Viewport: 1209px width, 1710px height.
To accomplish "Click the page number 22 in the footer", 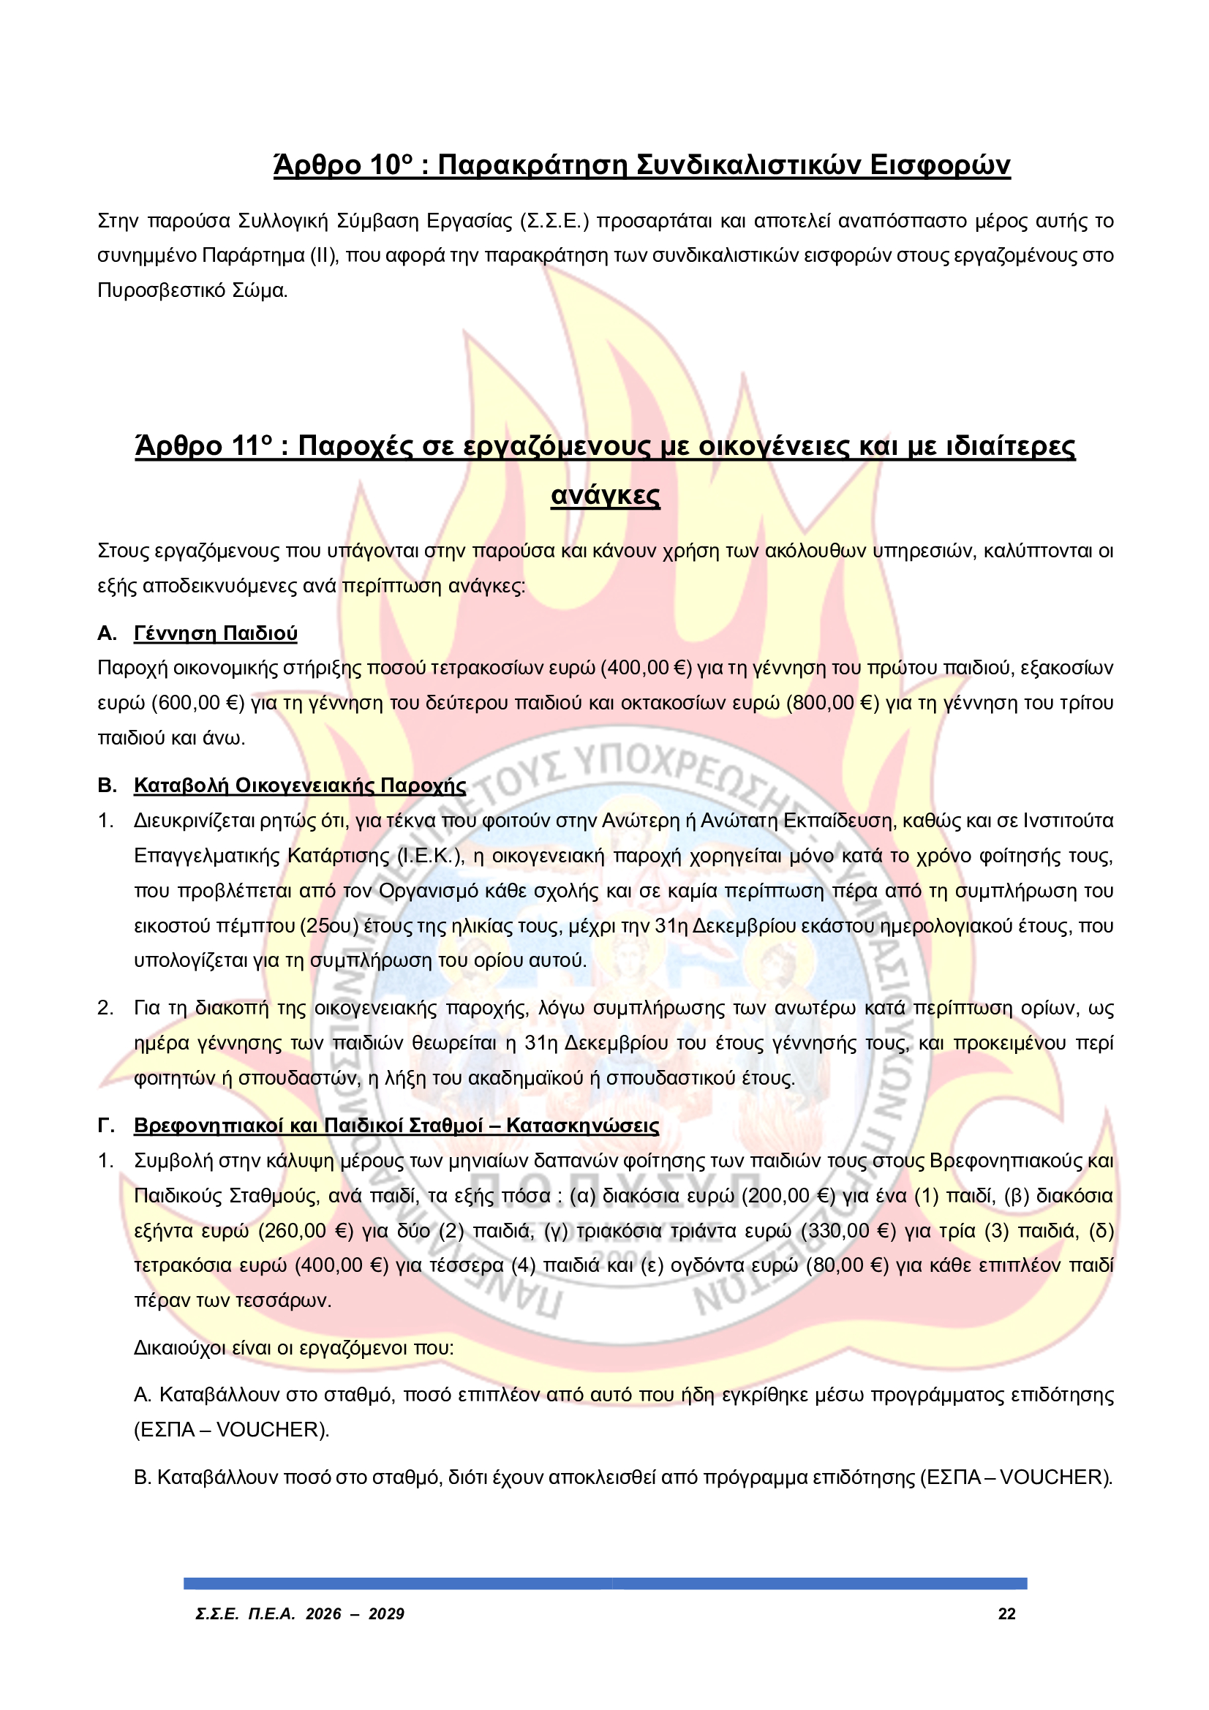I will [x=1006, y=1614].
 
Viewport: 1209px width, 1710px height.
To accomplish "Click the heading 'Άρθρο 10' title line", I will [x=641, y=165].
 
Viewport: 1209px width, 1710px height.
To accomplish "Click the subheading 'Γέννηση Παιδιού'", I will [x=215, y=634].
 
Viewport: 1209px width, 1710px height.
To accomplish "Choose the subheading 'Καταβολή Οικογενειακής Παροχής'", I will [x=299, y=786].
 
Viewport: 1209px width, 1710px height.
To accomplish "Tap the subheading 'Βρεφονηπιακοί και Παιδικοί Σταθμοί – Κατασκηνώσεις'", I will [x=396, y=1126].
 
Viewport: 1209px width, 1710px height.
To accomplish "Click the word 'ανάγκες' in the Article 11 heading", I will [x=605, y=495].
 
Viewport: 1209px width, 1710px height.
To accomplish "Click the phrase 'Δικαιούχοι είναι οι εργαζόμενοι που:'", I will [x=294, y=1348].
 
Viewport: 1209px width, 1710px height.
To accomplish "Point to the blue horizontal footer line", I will [x=605, y=1583].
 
